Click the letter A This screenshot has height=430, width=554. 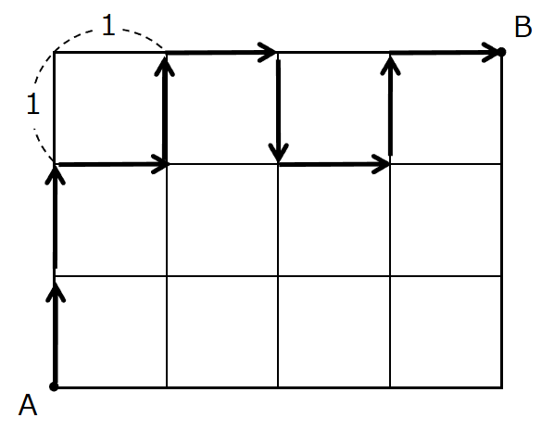(x=28, y=405)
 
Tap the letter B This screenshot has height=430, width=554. (x=523, y=27)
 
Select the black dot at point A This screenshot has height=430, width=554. (x=54, y=386)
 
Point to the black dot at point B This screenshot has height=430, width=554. (x=501, y=52)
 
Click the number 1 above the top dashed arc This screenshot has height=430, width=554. (x=108, y=25)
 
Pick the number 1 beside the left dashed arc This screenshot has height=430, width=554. (x=33, y=104)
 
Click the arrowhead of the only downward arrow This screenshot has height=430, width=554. (x=279, y=153)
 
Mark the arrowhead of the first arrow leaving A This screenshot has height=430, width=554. (x=56, y=292)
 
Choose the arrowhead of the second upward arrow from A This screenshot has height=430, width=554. (x=55, y=174)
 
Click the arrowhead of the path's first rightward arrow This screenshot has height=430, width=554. (x=160, y=164)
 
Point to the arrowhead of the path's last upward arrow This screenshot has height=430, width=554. (x=390, y=66)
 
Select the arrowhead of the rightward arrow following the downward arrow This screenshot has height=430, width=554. (x=381, y=164)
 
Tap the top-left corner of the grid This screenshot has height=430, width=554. (x=54, y=52)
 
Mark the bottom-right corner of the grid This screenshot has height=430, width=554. (x=502, y=387)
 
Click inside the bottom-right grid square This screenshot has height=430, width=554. (x=446, y=332)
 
